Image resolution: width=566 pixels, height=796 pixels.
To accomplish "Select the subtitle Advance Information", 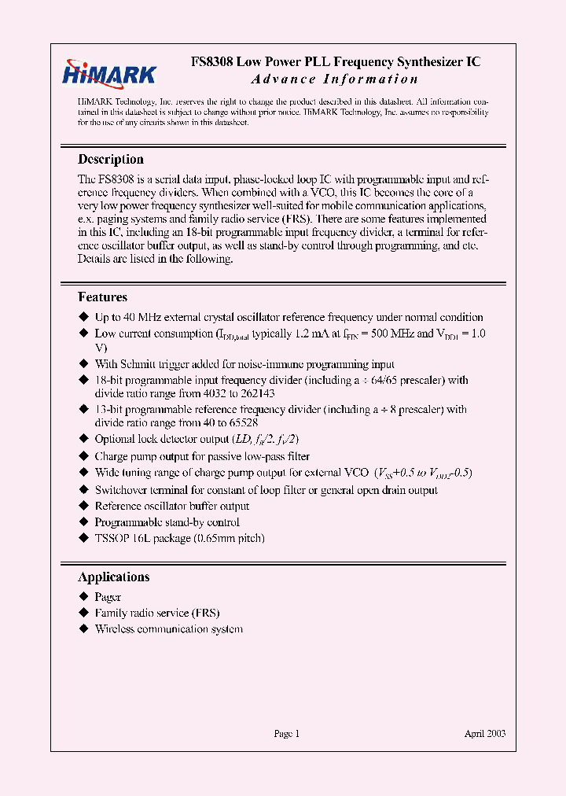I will tap(335, 79).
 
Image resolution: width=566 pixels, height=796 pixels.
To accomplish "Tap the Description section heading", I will tap(111, 159).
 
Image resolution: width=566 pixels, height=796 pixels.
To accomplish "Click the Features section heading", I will tap(103, 297).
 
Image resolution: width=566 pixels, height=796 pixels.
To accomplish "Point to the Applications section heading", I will tap(114, 577).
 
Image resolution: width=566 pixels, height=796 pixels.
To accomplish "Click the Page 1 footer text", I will tap(287, 733).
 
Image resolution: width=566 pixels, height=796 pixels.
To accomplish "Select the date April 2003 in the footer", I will tap(484, 733).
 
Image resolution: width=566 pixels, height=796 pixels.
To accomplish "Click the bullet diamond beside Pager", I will tap(84, 597).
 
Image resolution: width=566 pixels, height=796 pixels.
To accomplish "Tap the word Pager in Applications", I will tap(108, 597).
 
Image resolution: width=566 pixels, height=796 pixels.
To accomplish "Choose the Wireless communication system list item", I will tap(168, 629).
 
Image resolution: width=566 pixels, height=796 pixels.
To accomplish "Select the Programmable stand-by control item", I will tap(167, 522).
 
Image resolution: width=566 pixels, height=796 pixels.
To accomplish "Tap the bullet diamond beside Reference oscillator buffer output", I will tap(84, 506).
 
